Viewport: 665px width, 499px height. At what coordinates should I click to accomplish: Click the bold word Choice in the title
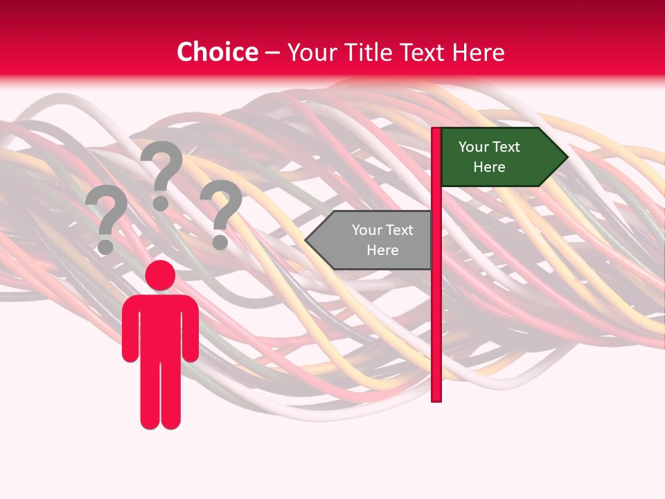(x=217, y=52)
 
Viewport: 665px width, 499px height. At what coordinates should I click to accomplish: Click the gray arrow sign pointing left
(x=371, y=240)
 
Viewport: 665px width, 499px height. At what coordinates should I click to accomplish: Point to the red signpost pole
(x=436, y=312)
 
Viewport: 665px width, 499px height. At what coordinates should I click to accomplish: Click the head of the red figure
(x=160, y=275)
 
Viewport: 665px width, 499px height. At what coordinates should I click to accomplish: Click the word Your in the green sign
(x=474, y=147)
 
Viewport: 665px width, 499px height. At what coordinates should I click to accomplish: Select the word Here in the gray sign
(x=382, y=250)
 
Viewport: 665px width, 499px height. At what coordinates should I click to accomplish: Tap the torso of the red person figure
(x=160, y=326)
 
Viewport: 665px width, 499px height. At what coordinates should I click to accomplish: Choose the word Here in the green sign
(x=489, y=167)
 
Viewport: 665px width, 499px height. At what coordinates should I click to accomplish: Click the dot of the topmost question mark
(x=161, y=203)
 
